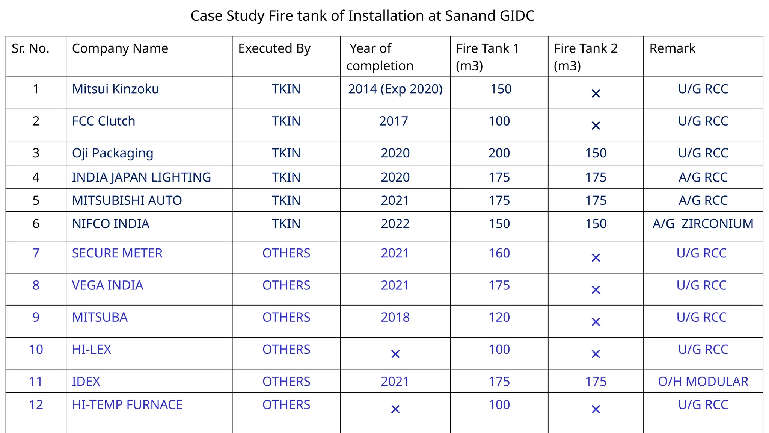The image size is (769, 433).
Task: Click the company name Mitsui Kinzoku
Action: pyautogui.click(x=115, y=89)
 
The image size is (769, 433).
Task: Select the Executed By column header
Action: pyautogui.click(x=274, y=48)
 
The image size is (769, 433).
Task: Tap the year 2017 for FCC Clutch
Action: pyautogui.click(x=393, y=121)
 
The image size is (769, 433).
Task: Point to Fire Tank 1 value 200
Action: pyautogui.click(x=499, y=153)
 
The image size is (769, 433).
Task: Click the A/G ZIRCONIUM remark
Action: pyautogui.click(x=703, y=224)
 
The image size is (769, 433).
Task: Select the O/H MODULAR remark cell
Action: pyautogui.click(x=703, y=382)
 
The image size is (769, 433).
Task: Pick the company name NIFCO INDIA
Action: pyautogui.click(x=110, y=224)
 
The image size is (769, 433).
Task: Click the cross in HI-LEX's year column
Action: pyautogui.click(x=395, y=354)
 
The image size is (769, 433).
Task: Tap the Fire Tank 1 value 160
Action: pyautogui.click(x=499, y=253)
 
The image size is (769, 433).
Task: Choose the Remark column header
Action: pyautogui.click(x=672, y=48)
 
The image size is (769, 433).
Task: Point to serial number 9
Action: pyautogui.click(x=36, y=317)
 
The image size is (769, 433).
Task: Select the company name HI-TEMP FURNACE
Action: pyautogui.click(x=127, y=405)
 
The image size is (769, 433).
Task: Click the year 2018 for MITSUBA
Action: pyautogui.click(x=395, y=317)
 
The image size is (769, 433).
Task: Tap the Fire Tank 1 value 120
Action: pyautogui.click(x=499, y=317)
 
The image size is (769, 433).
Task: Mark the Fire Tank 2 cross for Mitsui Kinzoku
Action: pyautogui.click(x=596, y=94)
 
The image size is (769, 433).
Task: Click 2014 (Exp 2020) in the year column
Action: pyautogui.click(x=395, y=89)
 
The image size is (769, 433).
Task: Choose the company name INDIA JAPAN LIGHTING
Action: pyautogui.click(x=141, y=177)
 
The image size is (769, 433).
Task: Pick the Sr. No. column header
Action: pyautogui.click(x=30, y=48)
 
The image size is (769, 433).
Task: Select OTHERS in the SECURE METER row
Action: pyautogui.click(x=286, y=253)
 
